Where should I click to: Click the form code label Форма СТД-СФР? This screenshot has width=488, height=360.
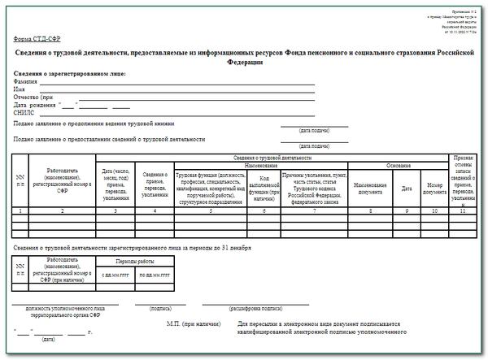point(37,39)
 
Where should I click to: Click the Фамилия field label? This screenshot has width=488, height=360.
point(26,82)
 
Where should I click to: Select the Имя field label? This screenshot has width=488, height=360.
point(20,89)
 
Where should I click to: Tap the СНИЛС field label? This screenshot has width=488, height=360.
point(25,112)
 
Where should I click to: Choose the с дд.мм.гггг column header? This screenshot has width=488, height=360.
point(114,275)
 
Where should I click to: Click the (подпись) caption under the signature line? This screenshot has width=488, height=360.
point(149,309)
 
